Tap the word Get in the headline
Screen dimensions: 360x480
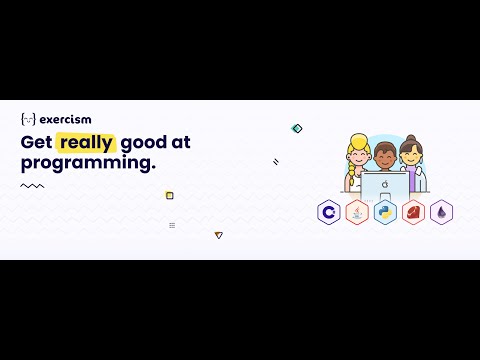(36, 142)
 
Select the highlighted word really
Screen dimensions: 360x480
(87, 142)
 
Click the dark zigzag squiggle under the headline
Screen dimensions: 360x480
(32, 185)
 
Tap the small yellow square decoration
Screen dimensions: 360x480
(169, 195)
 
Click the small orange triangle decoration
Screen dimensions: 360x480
(218, 235)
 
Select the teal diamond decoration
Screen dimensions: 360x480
(296, 128)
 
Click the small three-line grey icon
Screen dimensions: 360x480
(172, 225)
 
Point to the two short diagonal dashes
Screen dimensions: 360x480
(276, 161)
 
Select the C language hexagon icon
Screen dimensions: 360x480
(328, 212)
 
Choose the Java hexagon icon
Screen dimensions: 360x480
(356, 212)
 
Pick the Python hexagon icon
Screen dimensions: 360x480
(385, 212)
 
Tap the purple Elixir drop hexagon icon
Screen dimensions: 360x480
(441, 212)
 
